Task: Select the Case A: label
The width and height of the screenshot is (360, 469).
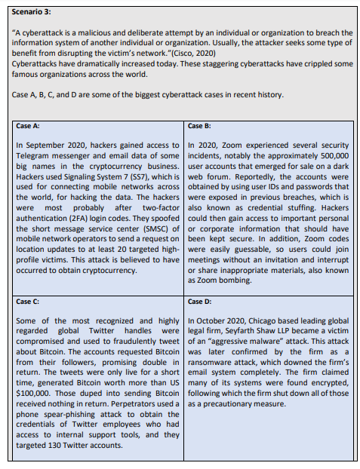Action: [29, 126]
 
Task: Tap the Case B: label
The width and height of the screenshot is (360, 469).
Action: [199, 125]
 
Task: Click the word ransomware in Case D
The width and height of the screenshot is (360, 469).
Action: [216, 363]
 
